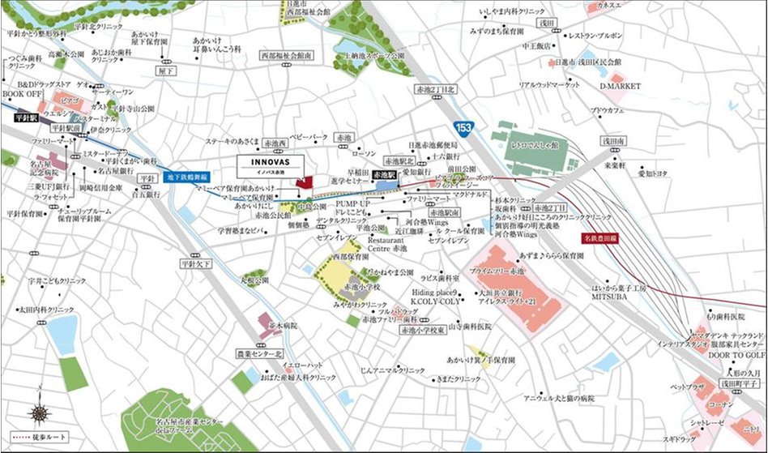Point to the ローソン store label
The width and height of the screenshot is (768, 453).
[365, 154]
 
